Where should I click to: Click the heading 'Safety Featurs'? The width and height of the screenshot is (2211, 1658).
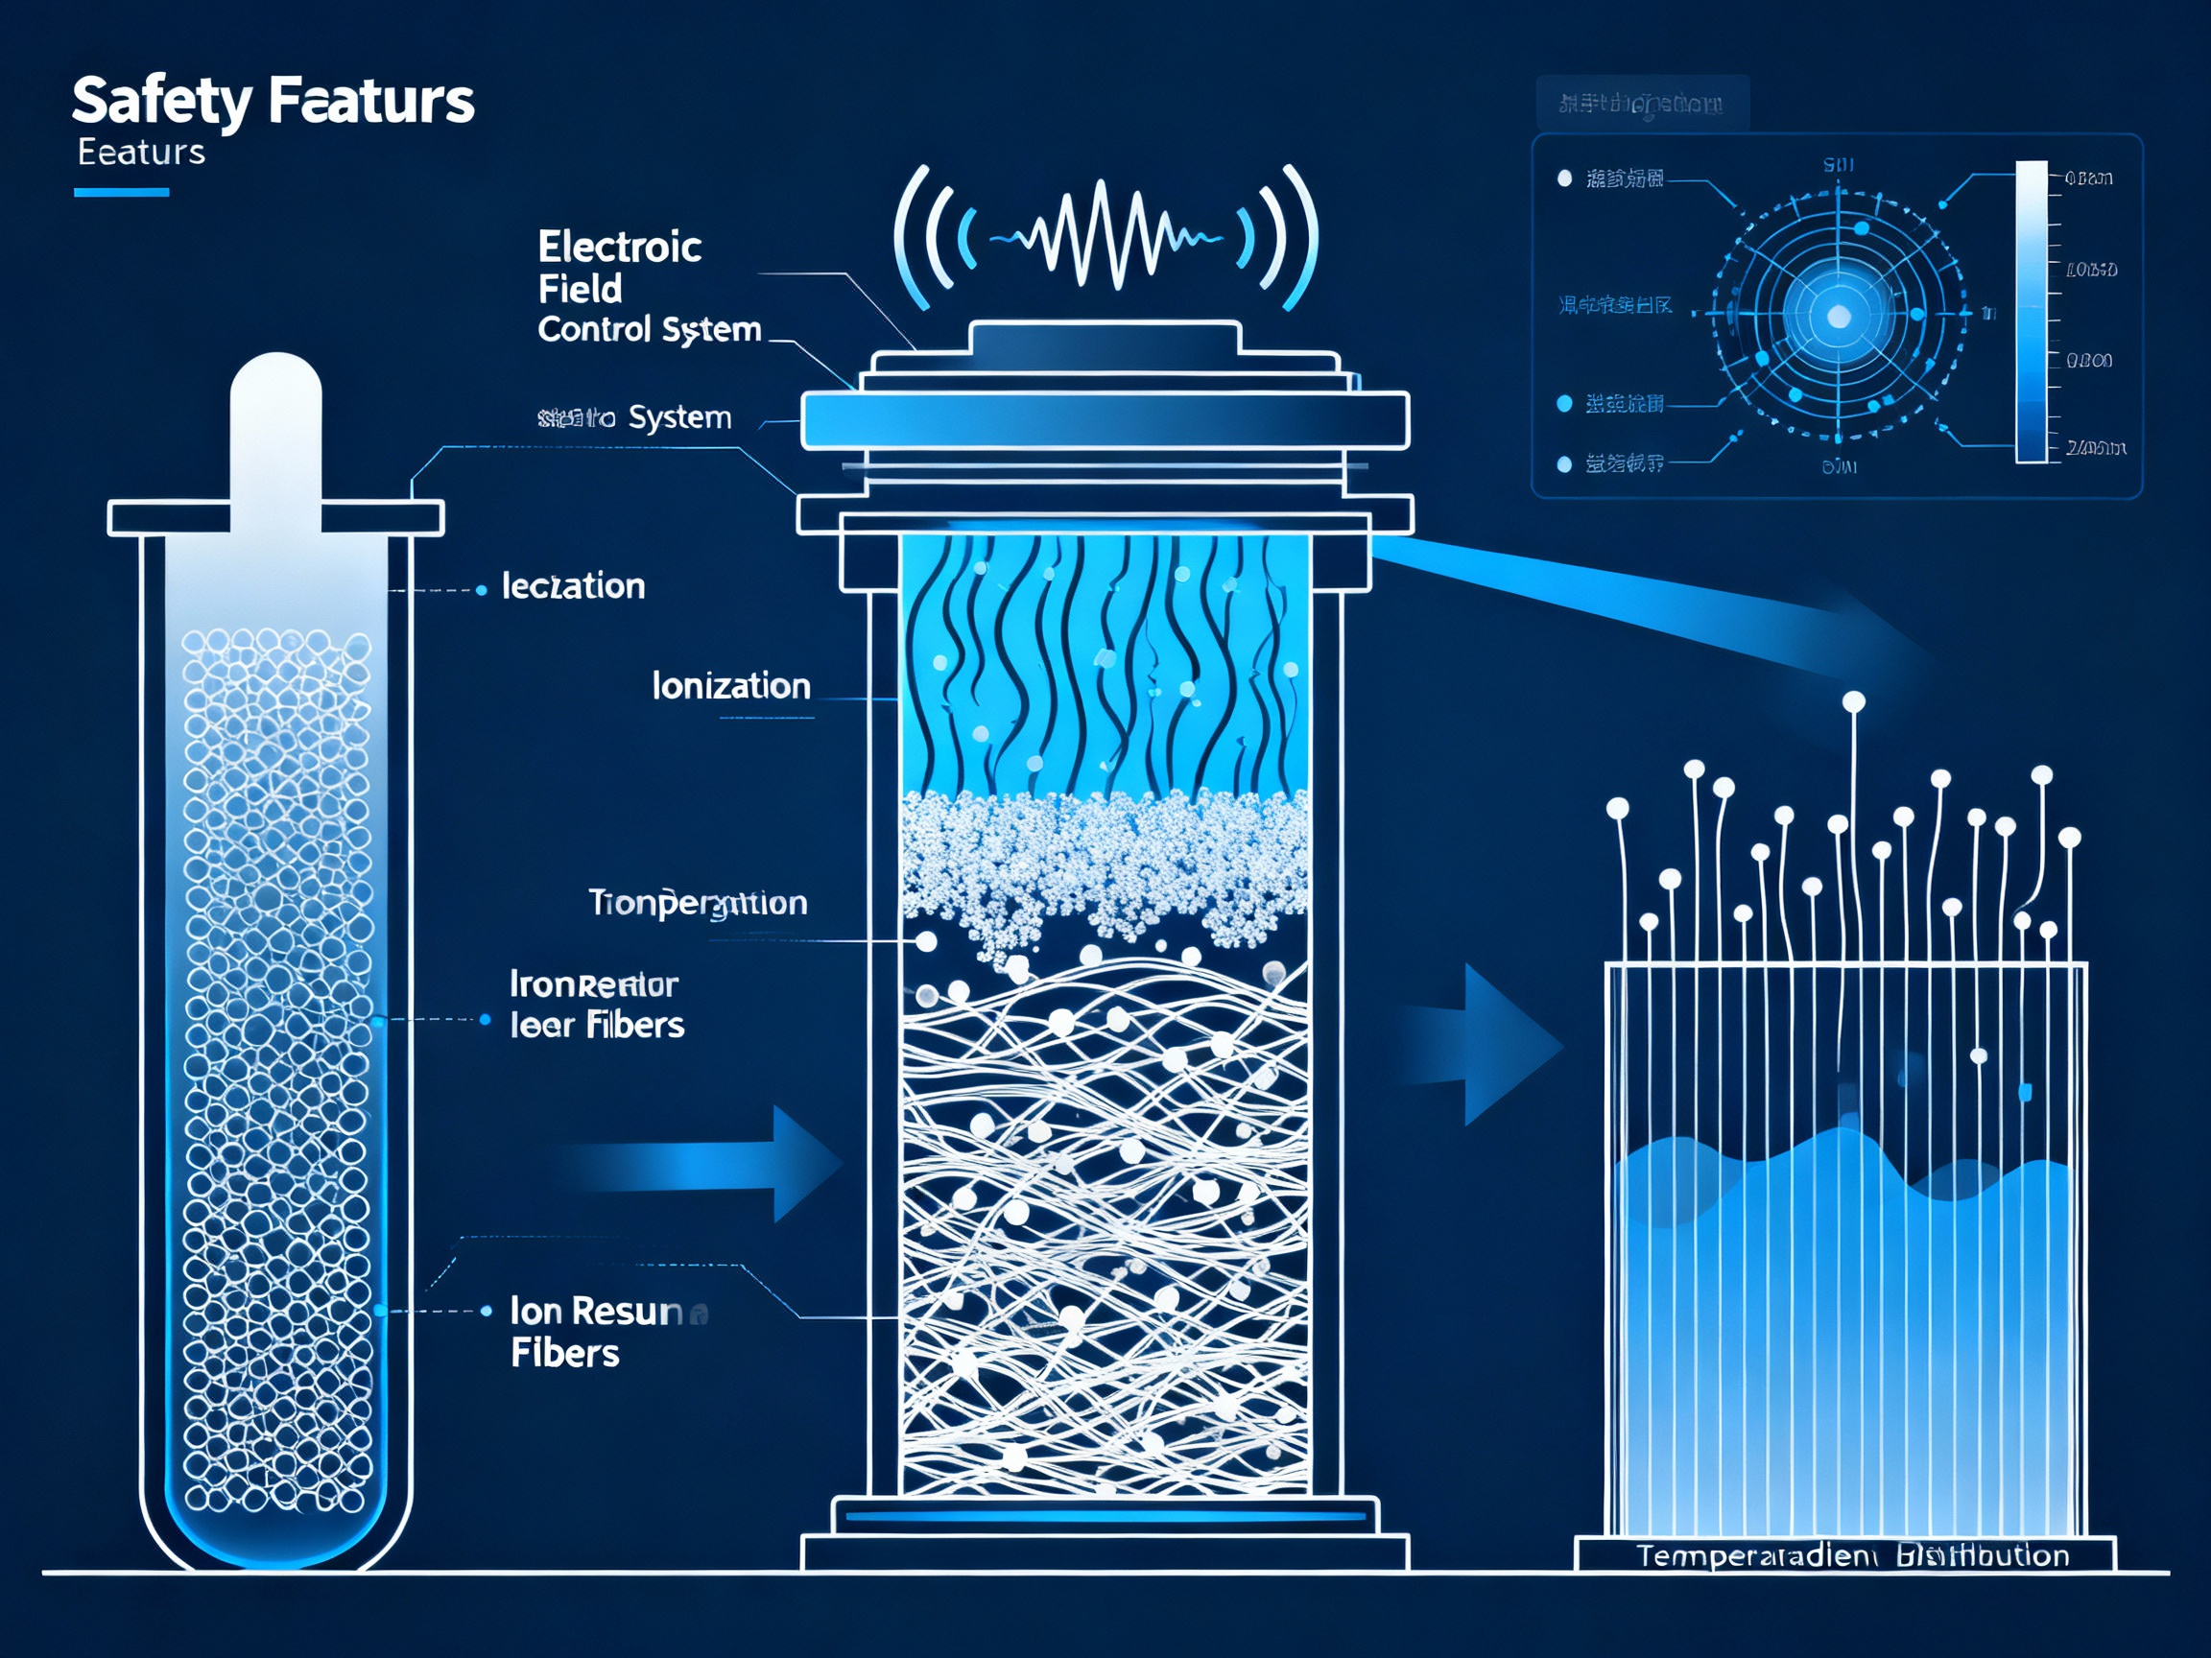[273, 101]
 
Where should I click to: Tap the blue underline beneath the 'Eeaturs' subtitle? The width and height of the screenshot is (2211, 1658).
[121, 192]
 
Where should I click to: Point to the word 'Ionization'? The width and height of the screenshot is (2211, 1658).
[730, 686]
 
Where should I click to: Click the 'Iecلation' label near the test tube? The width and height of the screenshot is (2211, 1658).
[573, 585]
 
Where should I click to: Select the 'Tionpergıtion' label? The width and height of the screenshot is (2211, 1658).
[698, 903]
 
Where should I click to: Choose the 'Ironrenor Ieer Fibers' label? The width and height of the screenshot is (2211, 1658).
[597, 1005]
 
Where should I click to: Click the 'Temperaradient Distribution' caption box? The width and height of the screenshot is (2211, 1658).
[1845, 1555]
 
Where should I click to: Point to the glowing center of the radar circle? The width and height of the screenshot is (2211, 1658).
[1838, 317]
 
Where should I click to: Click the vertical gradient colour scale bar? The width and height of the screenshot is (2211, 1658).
[2032, 312]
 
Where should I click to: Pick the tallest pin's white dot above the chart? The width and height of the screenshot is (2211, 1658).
[1853, 702]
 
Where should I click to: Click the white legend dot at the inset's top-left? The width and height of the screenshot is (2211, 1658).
[1564, 178]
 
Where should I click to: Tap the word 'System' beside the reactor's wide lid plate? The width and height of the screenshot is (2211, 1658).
[679, 416]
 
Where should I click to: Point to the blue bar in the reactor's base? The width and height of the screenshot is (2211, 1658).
[1105, 1516]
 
